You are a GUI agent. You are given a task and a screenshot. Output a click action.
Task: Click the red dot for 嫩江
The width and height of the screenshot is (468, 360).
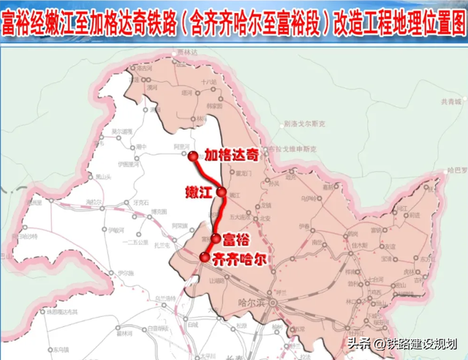pyautogui.click(x=222, y=191)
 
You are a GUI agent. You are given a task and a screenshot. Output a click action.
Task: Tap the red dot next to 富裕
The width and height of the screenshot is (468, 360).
pyautogui.click(x=216, y=238)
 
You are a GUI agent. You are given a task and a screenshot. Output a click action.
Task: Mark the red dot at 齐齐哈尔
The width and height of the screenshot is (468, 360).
pyautogui.click(x=204, y=256)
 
